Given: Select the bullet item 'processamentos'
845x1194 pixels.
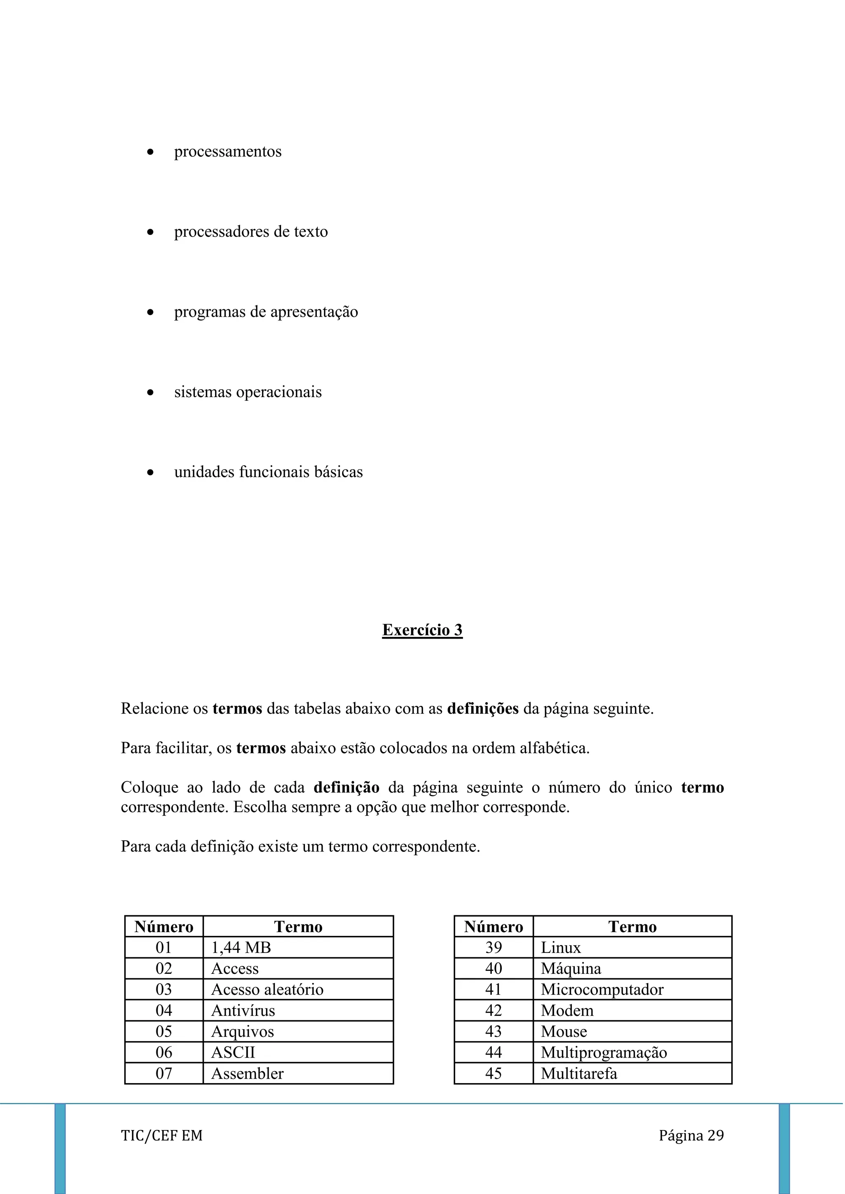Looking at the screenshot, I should click(227, 151).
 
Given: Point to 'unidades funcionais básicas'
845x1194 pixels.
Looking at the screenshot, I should click(269, 472).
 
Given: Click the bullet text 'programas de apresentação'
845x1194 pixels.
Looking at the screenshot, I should click(266, 312).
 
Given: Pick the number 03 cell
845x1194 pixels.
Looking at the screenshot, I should click(164, 989).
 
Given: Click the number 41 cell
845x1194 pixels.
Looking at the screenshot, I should click(493, 989).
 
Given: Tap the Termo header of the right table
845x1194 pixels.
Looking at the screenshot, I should click(632, 927).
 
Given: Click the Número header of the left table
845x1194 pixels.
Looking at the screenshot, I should click(164, 927).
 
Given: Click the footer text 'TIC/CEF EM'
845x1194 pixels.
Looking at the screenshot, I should click(162, 1136).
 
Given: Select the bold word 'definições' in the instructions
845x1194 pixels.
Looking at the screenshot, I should click(483, 708).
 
